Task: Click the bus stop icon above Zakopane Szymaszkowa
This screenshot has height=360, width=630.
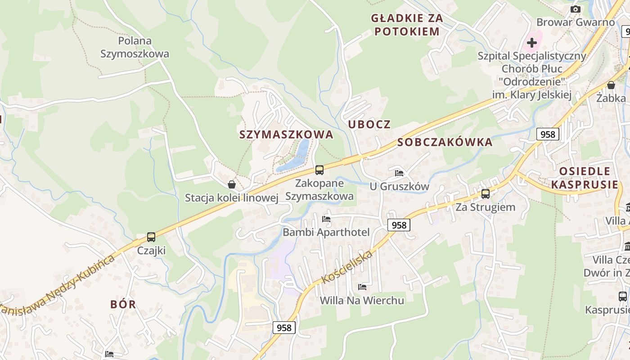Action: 319,170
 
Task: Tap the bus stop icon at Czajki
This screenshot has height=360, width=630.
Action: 151,237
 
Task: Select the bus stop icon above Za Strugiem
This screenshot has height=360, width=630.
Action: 485,194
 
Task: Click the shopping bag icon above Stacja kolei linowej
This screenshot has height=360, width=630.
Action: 231,184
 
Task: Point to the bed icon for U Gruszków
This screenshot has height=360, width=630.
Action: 399,173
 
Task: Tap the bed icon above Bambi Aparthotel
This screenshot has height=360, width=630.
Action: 326,219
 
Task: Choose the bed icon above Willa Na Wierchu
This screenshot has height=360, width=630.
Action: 362,287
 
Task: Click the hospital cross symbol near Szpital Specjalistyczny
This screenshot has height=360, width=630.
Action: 532,43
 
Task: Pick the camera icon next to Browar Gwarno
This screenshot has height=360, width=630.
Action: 575,9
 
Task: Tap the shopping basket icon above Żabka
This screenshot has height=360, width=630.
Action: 611,85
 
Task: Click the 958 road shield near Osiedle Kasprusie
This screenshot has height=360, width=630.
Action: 548,134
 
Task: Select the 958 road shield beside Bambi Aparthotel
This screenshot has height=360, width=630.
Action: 399,225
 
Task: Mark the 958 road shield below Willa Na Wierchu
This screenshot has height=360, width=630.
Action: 284,328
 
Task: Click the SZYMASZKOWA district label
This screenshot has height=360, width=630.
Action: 286,135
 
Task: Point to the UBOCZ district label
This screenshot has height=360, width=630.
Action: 369,124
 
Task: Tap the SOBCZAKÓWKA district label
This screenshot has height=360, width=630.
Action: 445,142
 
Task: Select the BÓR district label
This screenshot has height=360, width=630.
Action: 123,304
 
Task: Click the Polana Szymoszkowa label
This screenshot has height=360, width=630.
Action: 135,47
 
